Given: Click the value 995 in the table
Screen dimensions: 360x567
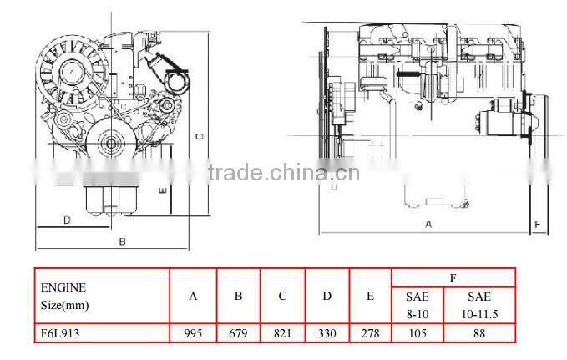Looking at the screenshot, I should coord(193,332).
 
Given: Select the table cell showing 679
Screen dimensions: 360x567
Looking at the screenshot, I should coord(238,332).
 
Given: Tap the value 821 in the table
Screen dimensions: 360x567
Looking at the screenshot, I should coord(283,332).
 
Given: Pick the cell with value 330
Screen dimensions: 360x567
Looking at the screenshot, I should coord(327,332).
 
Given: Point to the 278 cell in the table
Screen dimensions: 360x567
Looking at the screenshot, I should coord(371,332).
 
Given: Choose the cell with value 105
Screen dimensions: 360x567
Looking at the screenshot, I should coord(417,332).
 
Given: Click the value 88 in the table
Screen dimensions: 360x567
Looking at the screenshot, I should coord(479,332).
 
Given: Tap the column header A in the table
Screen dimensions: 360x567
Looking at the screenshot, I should coord(193,296).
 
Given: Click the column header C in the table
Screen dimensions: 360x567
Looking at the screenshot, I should coord(283,296).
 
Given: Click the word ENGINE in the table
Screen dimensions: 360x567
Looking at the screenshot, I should coord(58,286).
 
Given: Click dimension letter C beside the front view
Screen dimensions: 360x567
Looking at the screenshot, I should coord(199,134).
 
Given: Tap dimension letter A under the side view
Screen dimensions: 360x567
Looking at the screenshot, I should coord(428,224).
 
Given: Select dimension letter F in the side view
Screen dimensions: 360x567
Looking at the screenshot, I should coord(537,224).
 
